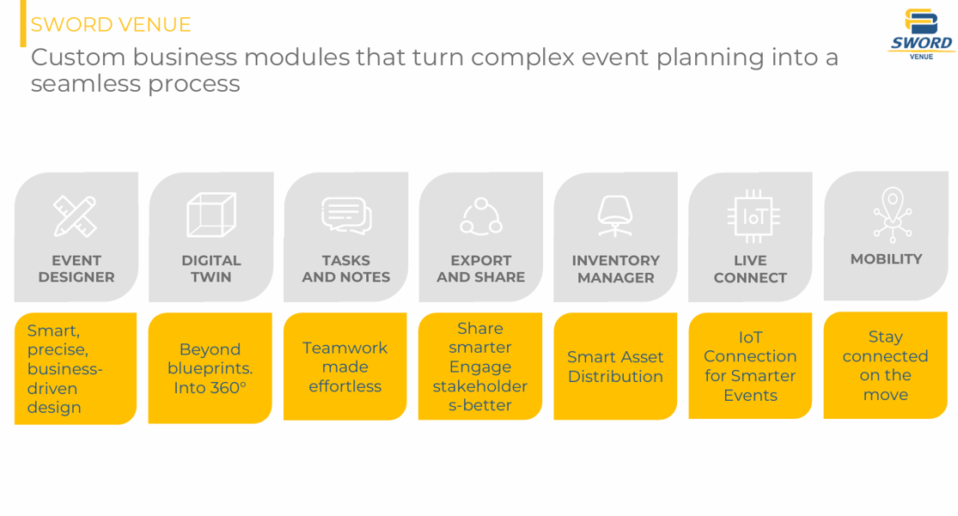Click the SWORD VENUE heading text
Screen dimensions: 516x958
click(111, 24)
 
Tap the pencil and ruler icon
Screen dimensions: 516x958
click(75, 216)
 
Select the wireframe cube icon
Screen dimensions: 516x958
click(211, 215)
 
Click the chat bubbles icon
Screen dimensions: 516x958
click(345, 215)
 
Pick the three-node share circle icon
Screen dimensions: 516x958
click(480, 216)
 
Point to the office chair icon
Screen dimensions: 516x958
click(615, 216)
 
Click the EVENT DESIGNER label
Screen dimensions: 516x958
click(76, 269)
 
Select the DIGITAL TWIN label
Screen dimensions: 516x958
click(211, 269)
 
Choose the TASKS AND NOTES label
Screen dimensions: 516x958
click(345, 269)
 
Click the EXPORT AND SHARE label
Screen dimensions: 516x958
click(480, 269)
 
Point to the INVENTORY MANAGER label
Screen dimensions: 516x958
click(615, 269)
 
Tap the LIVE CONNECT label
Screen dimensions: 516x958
click(750, 269)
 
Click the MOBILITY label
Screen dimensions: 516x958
click(886, 259)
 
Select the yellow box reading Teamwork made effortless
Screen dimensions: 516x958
click(345, 367)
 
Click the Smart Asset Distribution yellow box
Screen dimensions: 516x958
click(615, 367)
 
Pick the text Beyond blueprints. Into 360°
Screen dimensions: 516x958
click(211, 368)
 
